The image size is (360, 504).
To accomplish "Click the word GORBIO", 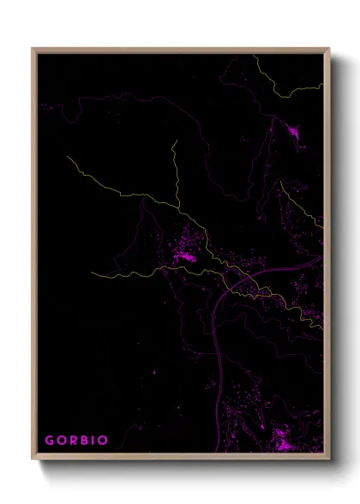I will tap(76, 441).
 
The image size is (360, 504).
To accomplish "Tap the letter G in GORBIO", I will tap(49, 441).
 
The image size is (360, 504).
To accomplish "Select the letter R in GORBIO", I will tap(72, 441).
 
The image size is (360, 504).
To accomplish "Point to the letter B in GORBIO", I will tap(83, 441).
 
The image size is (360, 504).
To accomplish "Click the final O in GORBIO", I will tap(103, 441).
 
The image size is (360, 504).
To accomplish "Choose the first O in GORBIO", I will tap(60, 441).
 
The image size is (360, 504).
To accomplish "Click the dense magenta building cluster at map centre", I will tap(184, 253).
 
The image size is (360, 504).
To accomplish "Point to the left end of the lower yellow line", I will tap(92, 275).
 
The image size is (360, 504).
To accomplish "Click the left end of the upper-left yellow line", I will tap(67, 158).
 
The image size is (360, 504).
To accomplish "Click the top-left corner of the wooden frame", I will tap(33, 49).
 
